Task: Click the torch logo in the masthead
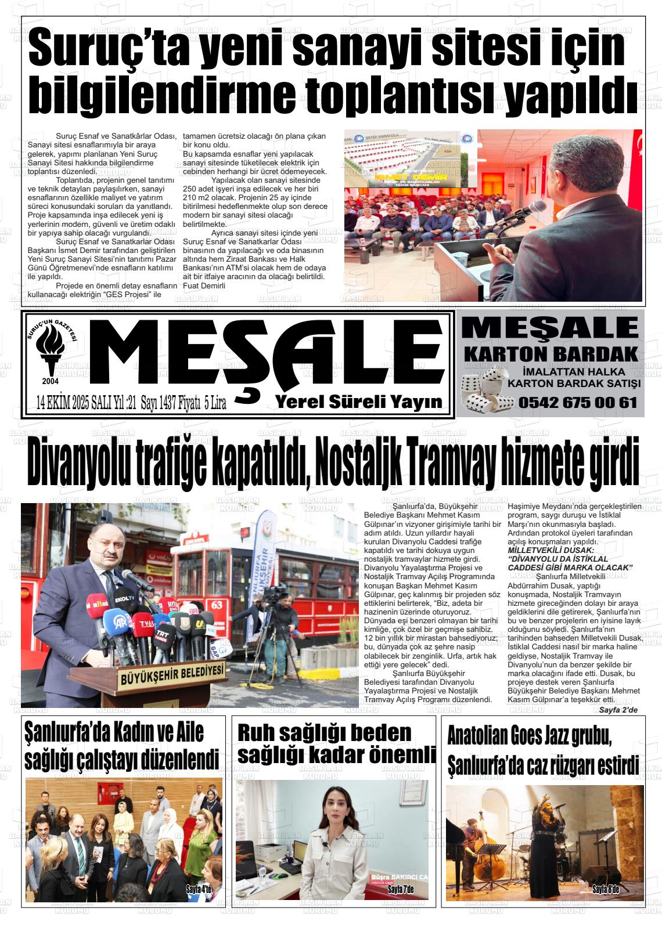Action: tap(50, 349)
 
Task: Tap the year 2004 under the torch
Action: tap(50, 381)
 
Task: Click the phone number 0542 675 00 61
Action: tap(578, 402)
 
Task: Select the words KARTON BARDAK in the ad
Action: tap(551, 353)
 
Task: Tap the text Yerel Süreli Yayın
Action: tap(359, 402)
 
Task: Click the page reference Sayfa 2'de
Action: tap(618, 710)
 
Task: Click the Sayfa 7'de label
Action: tap(400, 889)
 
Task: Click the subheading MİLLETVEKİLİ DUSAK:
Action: tap(551, 550)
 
